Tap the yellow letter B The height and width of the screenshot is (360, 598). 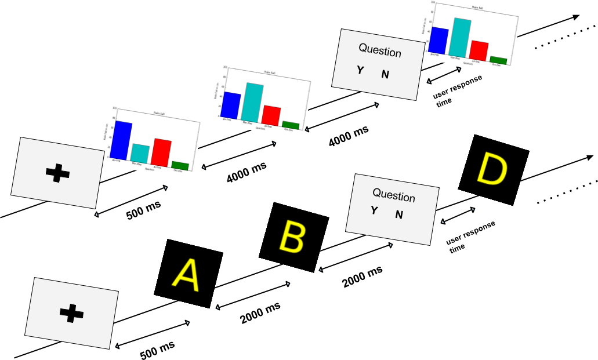pos(293,236)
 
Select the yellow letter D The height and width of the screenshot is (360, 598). pos(493,169)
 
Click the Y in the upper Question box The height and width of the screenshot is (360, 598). pos(360,70)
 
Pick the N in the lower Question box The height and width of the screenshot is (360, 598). pos(399,214)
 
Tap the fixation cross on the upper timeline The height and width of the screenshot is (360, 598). pos(57,173)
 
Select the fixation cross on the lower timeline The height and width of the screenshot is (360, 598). pos(71,314)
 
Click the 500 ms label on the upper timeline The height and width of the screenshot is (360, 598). pos(143,211)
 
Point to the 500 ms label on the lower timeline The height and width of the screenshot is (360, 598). pos(157,350)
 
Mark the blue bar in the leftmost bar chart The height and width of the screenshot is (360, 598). pos(122,139)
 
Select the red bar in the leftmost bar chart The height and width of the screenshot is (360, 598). pos(162,152)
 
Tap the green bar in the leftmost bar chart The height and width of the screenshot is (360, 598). pos(180,165)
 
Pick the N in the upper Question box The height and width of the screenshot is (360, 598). pos(385,74)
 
